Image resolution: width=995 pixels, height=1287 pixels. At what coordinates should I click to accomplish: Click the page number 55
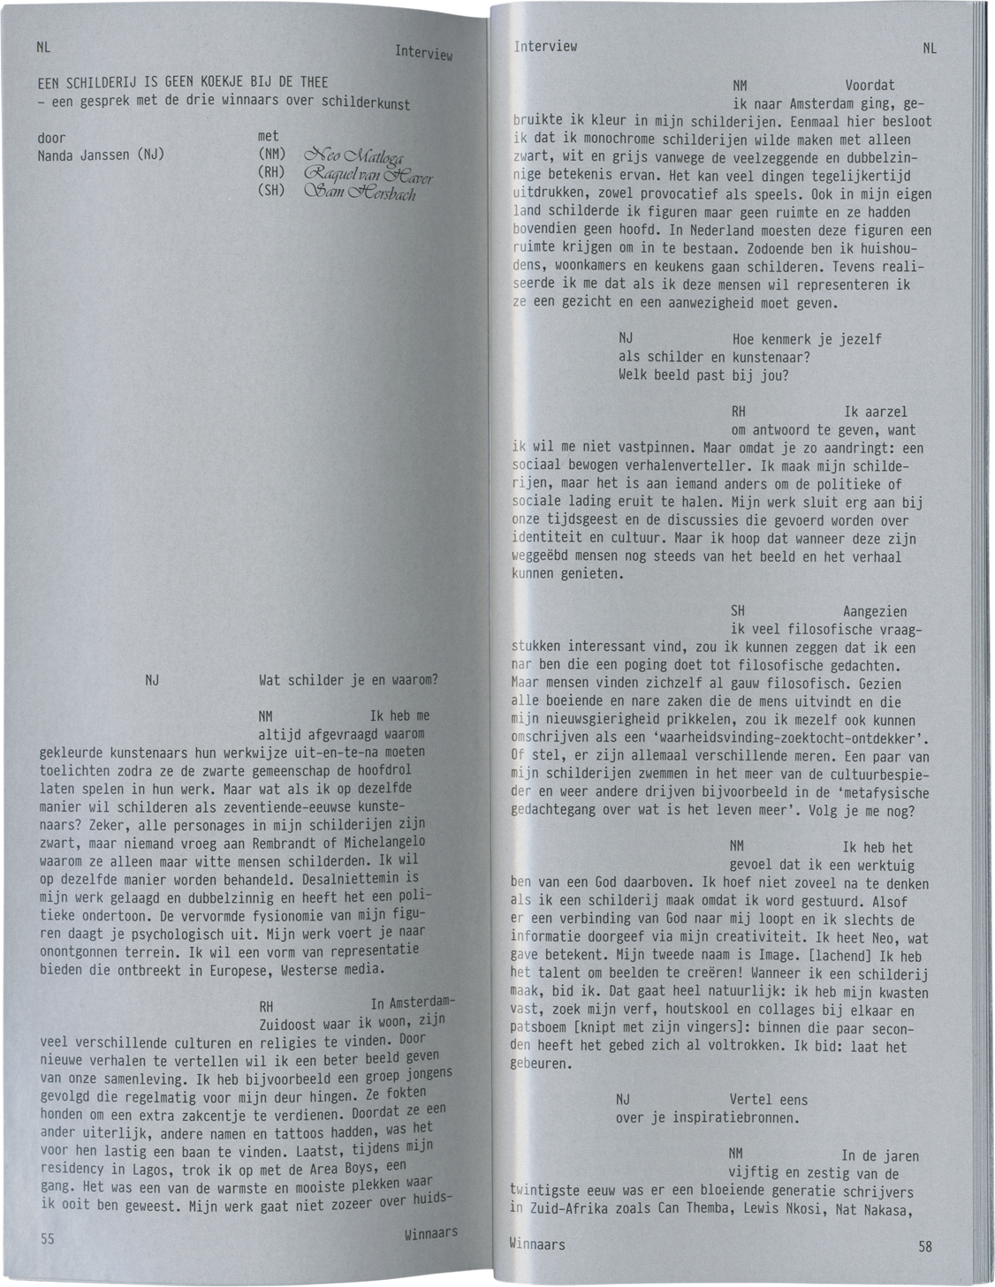point(48,1238)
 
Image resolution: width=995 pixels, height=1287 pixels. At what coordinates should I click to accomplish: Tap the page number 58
point(924,1246)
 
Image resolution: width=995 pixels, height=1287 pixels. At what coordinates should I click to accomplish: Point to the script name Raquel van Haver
point(368,174)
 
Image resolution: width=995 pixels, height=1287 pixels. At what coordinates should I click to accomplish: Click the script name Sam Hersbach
point(359,192)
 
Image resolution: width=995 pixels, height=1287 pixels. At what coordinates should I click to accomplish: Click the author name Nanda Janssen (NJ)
point(101,155)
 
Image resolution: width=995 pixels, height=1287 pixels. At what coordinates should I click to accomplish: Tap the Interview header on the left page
point(423,53)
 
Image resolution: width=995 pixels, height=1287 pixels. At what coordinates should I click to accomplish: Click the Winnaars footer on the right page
point(537,1244)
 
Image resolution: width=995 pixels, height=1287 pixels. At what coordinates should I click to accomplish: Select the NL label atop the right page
point(930,49)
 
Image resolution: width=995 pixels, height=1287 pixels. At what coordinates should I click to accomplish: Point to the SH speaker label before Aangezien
point(738,611)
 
